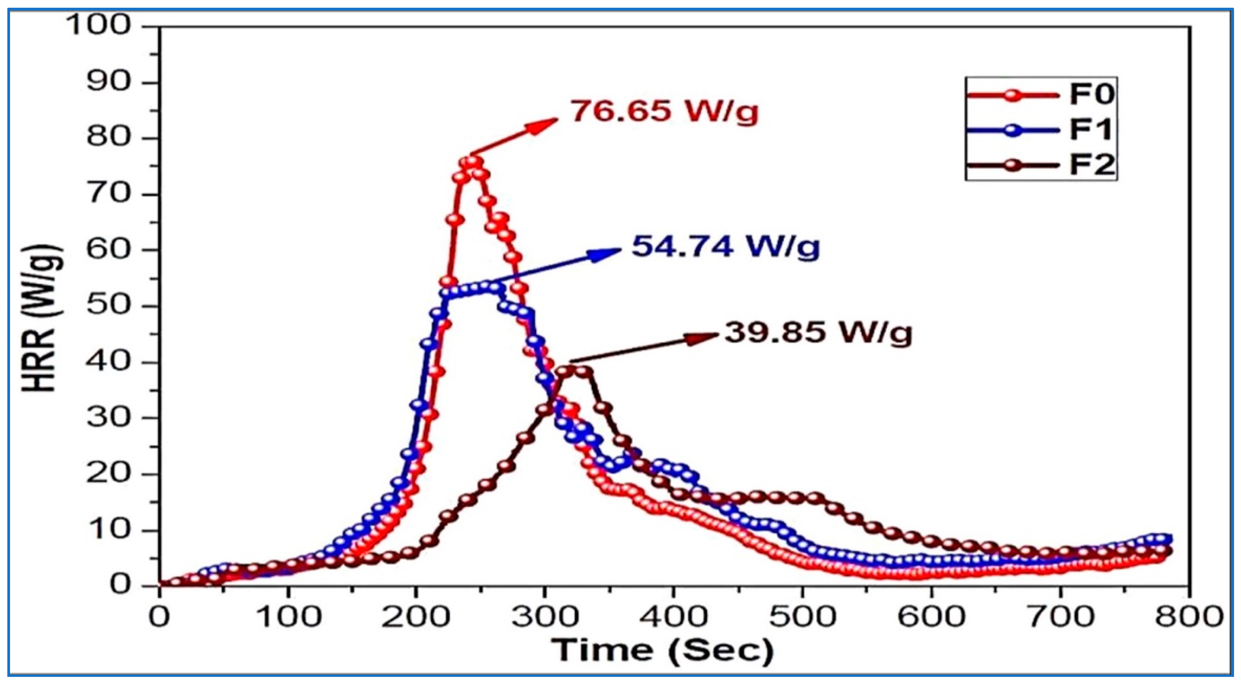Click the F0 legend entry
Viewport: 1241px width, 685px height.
point(1040,95)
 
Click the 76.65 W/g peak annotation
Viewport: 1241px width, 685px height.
point(664,111)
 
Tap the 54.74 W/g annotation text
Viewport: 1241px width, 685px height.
point(725,247)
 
